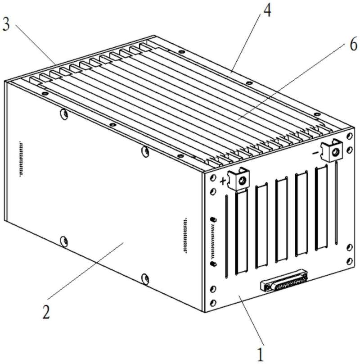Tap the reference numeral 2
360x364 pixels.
46,312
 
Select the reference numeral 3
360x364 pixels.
6,23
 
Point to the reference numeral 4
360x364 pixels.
267,10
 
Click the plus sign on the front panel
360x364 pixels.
223,181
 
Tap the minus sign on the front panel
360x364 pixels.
315,153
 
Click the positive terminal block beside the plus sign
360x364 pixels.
239,178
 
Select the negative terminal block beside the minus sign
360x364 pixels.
332,150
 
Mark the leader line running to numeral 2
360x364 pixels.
85,271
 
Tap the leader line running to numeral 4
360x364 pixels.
246,43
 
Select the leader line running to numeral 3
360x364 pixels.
36,44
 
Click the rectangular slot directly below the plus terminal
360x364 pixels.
242,232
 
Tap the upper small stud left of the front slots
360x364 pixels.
213,219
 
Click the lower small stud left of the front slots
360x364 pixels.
213,264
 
